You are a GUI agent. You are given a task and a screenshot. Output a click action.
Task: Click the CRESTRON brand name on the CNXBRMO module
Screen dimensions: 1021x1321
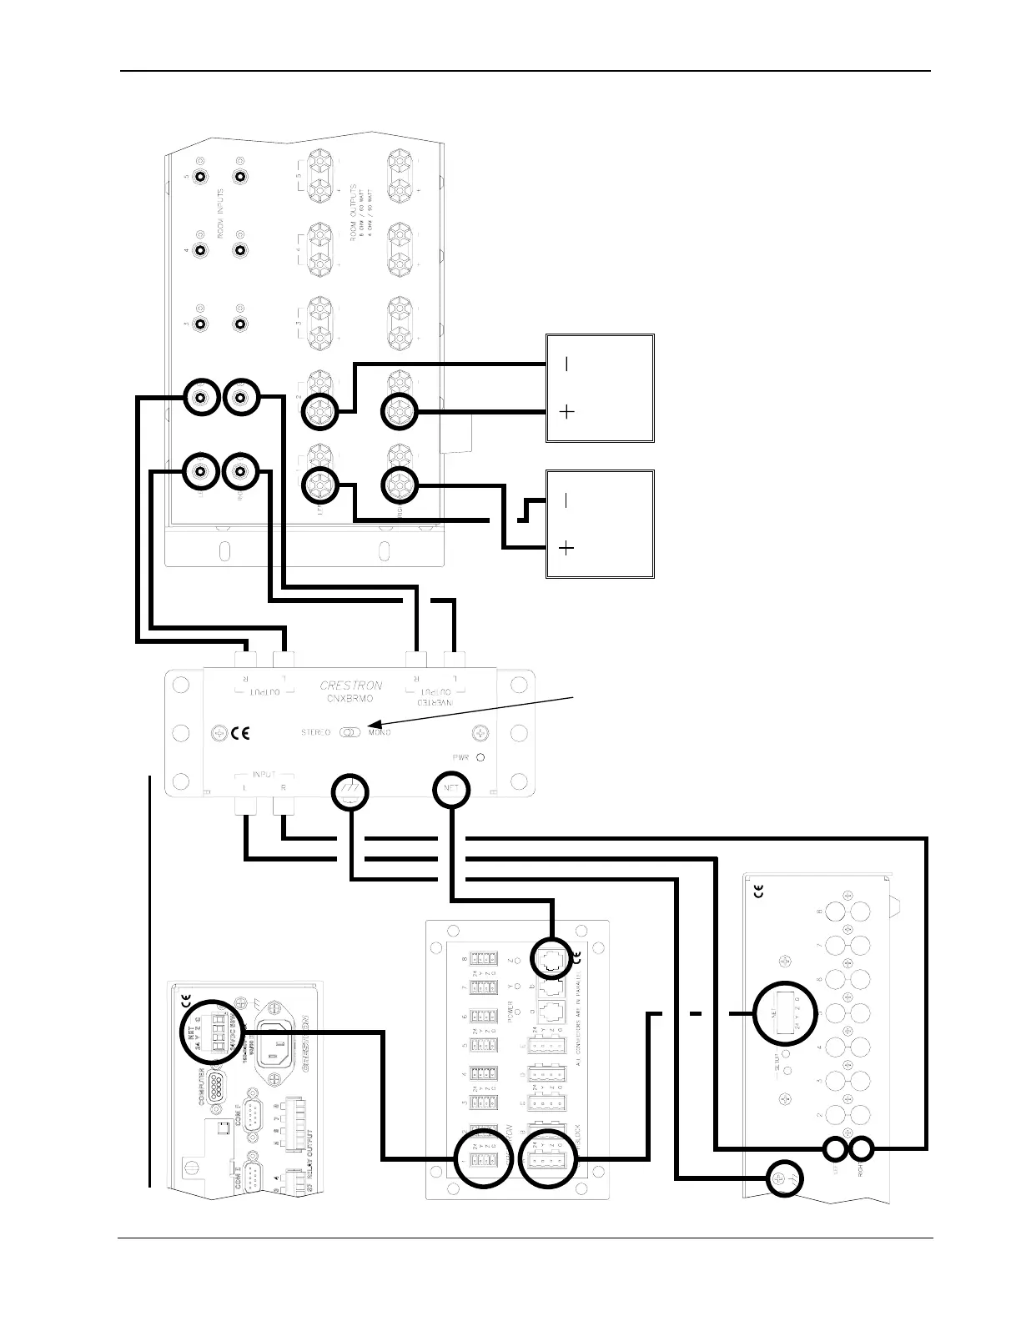[351, 686]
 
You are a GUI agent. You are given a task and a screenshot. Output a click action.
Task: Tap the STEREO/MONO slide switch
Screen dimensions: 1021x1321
[350, 732]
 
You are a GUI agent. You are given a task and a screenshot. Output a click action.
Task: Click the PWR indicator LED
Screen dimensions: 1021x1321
[481, 758]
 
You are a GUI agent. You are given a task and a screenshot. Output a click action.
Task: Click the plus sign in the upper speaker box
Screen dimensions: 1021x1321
[566, 412]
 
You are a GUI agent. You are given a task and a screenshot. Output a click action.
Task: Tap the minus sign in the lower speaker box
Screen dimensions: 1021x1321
[566, 500]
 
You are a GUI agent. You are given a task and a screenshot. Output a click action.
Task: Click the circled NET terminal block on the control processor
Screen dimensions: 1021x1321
[210, 1031]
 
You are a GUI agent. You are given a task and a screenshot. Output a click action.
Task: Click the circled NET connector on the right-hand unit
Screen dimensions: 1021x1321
[781, 1013]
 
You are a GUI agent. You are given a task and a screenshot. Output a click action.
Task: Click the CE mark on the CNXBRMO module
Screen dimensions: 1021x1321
[240, 734]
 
